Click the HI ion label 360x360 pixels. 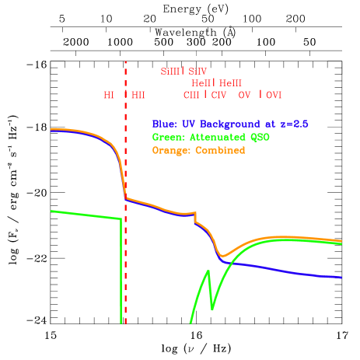click(x=109, y=95)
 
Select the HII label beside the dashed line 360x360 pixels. click(x=138, y=95)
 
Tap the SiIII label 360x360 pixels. click(x=170, y=72)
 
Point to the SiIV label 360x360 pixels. click(x=197, y=72)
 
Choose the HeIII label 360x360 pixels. click(x=231, y=83)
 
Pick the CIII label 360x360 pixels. click(x=191, y=95)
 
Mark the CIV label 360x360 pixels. click(x=218, y=95)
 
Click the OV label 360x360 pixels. click(x=245, y=95)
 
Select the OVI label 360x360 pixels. click(x=274, y=95)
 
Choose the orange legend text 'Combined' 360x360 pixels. click(x=198, y=150)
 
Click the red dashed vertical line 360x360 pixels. click(x=125, y=257)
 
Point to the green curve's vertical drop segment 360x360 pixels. click(x=121, y=272)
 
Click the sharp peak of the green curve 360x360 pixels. click(x=208, y=271)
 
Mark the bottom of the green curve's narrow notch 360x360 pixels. click(x=211, y=309)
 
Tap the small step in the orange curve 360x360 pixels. click(x=195, y=217)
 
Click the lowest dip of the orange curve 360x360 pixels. click(x=222, y=255)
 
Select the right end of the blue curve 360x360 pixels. click(x=341, y=277)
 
